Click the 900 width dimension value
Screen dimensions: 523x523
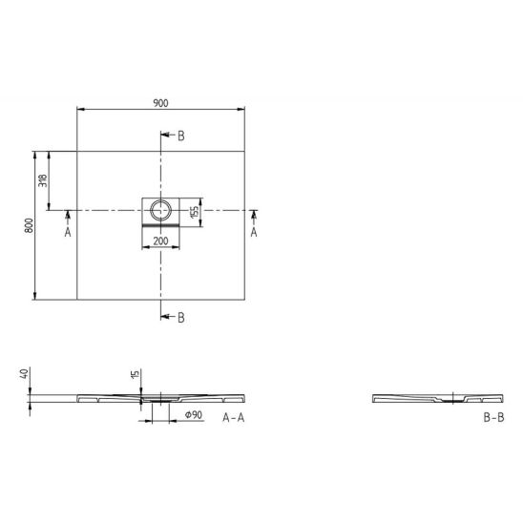point(160,103)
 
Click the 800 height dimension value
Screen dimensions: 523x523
point(29,225)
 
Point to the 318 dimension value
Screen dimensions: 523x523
point(43,180)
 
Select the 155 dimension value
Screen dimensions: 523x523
point(194,213)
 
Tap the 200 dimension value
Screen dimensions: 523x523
point(160,241)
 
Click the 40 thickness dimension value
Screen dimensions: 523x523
point(24,373)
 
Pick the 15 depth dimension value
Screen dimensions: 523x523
point(136,374)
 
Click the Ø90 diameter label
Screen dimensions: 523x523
point(194,414)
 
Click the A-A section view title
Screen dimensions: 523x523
point(234,417)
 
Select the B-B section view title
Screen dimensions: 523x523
point(494,417)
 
